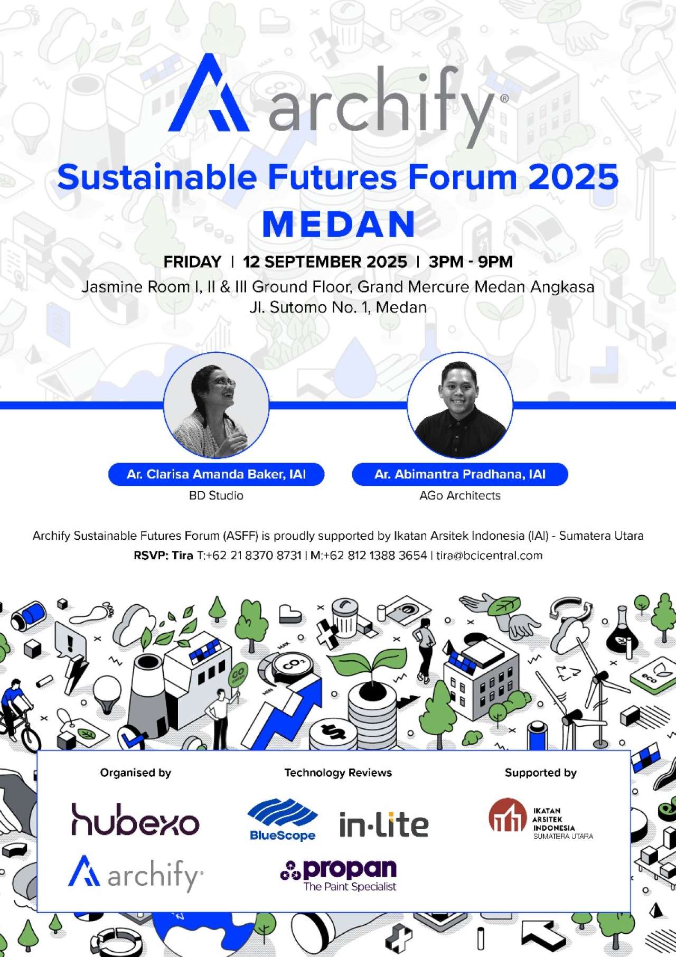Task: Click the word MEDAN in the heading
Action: pos(339,224)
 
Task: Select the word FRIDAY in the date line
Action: pos(192,261)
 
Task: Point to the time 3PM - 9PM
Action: pos(471,261)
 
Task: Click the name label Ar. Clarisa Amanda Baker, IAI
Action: pos(216,474)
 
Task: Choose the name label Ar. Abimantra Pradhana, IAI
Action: pos(460,474)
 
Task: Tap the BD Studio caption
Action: pos(216,495)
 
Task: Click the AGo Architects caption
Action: pos(460,495)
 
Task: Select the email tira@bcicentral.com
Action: pos(490,556)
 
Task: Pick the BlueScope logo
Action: pos(283,819)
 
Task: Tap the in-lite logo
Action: pos(383,824)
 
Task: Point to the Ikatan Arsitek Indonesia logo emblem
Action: pos(508,814)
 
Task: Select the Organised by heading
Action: pos(136,773)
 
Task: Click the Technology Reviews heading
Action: pos(338,773)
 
